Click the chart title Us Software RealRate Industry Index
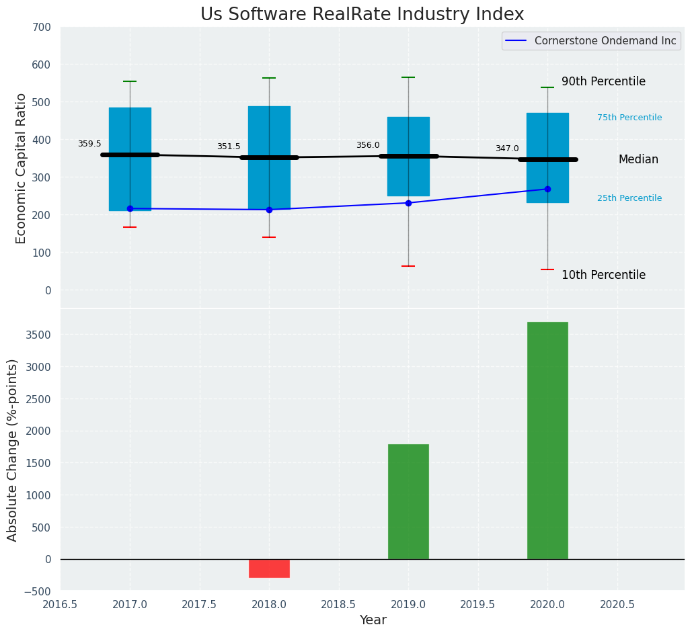click(x=362, y=15)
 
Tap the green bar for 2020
click(x=547, y=440)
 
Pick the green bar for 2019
click(x=408, y=501)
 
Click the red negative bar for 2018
click(x=269, y=568)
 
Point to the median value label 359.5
click(x=89, y=144)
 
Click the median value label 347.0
click(x=507, y=149)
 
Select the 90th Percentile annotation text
click(x=603, y=82)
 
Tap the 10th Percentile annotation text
click(x=603, y=276)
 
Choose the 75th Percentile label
click(x=629, y=118)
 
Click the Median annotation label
click(x=638, y=160)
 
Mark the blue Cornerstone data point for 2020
click(x=547, y=189)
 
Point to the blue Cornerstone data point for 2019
click(x=408, y=203)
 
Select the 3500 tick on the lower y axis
click(x=38, y=335)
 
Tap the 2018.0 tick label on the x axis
click(x=269, y=605)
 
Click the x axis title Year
click(x=373, y=620)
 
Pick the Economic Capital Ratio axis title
click(x=21, y=168)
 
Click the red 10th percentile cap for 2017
click(x=130, y=227)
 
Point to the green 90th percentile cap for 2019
click(x=408, y=77)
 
